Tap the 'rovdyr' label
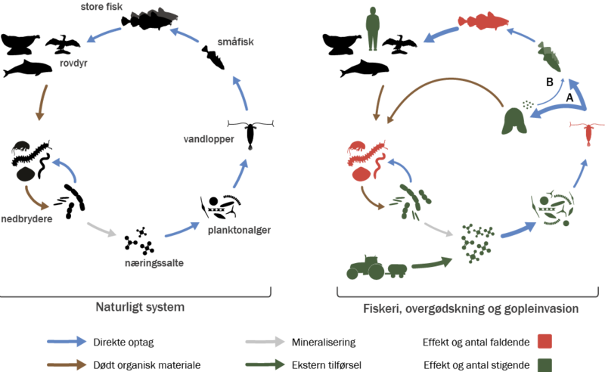[70, 64]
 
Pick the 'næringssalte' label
[154, 264]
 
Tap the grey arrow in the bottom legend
[265, 342]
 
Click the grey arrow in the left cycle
[102, 229]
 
